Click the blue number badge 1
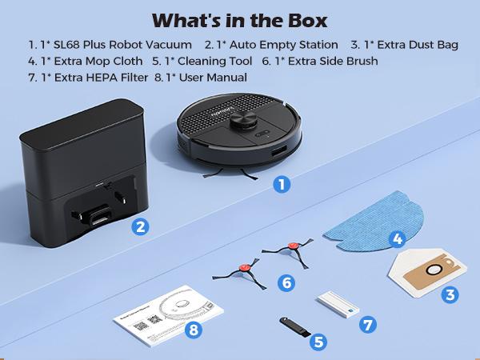click(x=279, y=184)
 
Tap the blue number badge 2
click(x=140, y=226)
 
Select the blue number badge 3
click(x=450, y=294)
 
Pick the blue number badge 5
click(x=319, y=342)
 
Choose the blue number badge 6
click(x=286, y=282)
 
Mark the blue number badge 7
click(x=367, y=325)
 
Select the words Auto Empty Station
click(x=276, y=45)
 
